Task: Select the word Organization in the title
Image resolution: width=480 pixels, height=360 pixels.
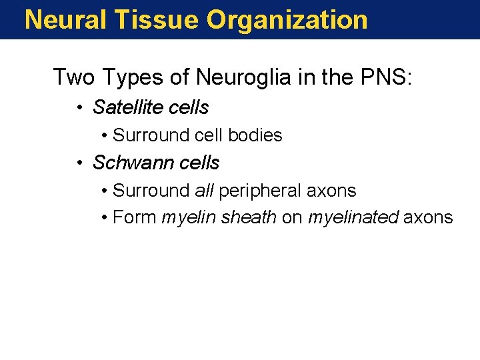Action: [x=287, y=19]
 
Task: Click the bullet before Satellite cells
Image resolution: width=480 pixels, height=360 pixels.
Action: [x=79, y=108]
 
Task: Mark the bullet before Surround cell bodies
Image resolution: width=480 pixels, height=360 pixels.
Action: [x=105, y=135]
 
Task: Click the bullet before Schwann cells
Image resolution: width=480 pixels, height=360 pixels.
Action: [x=79, y=163]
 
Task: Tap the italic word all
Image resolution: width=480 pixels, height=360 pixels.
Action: [x=204, y=191]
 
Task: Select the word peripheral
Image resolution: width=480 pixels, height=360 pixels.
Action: [x=260, y=191]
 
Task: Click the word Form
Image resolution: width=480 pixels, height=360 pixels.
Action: [x=135, y=217]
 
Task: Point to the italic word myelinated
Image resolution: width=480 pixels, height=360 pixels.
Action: [x=353, y=217]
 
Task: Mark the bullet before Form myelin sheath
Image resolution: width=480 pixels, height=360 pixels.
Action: [x=105, y=217]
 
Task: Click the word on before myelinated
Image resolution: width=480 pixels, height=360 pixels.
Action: [x=292, y=218]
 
